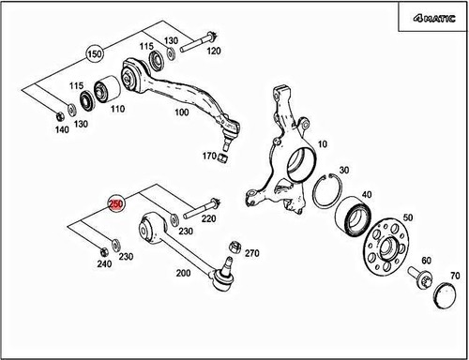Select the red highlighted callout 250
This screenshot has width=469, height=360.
(x=117, y=203)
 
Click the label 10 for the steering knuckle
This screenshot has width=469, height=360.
(x=323, y=145)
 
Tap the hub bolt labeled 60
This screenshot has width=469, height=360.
(x=420, y=277)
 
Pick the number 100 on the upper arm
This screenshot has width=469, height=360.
(x=179, y=112)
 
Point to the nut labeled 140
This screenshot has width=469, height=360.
(x=59, y=115)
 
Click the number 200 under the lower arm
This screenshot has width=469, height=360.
(x=184, y=273)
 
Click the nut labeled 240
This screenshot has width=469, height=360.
(x=102, y=249)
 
